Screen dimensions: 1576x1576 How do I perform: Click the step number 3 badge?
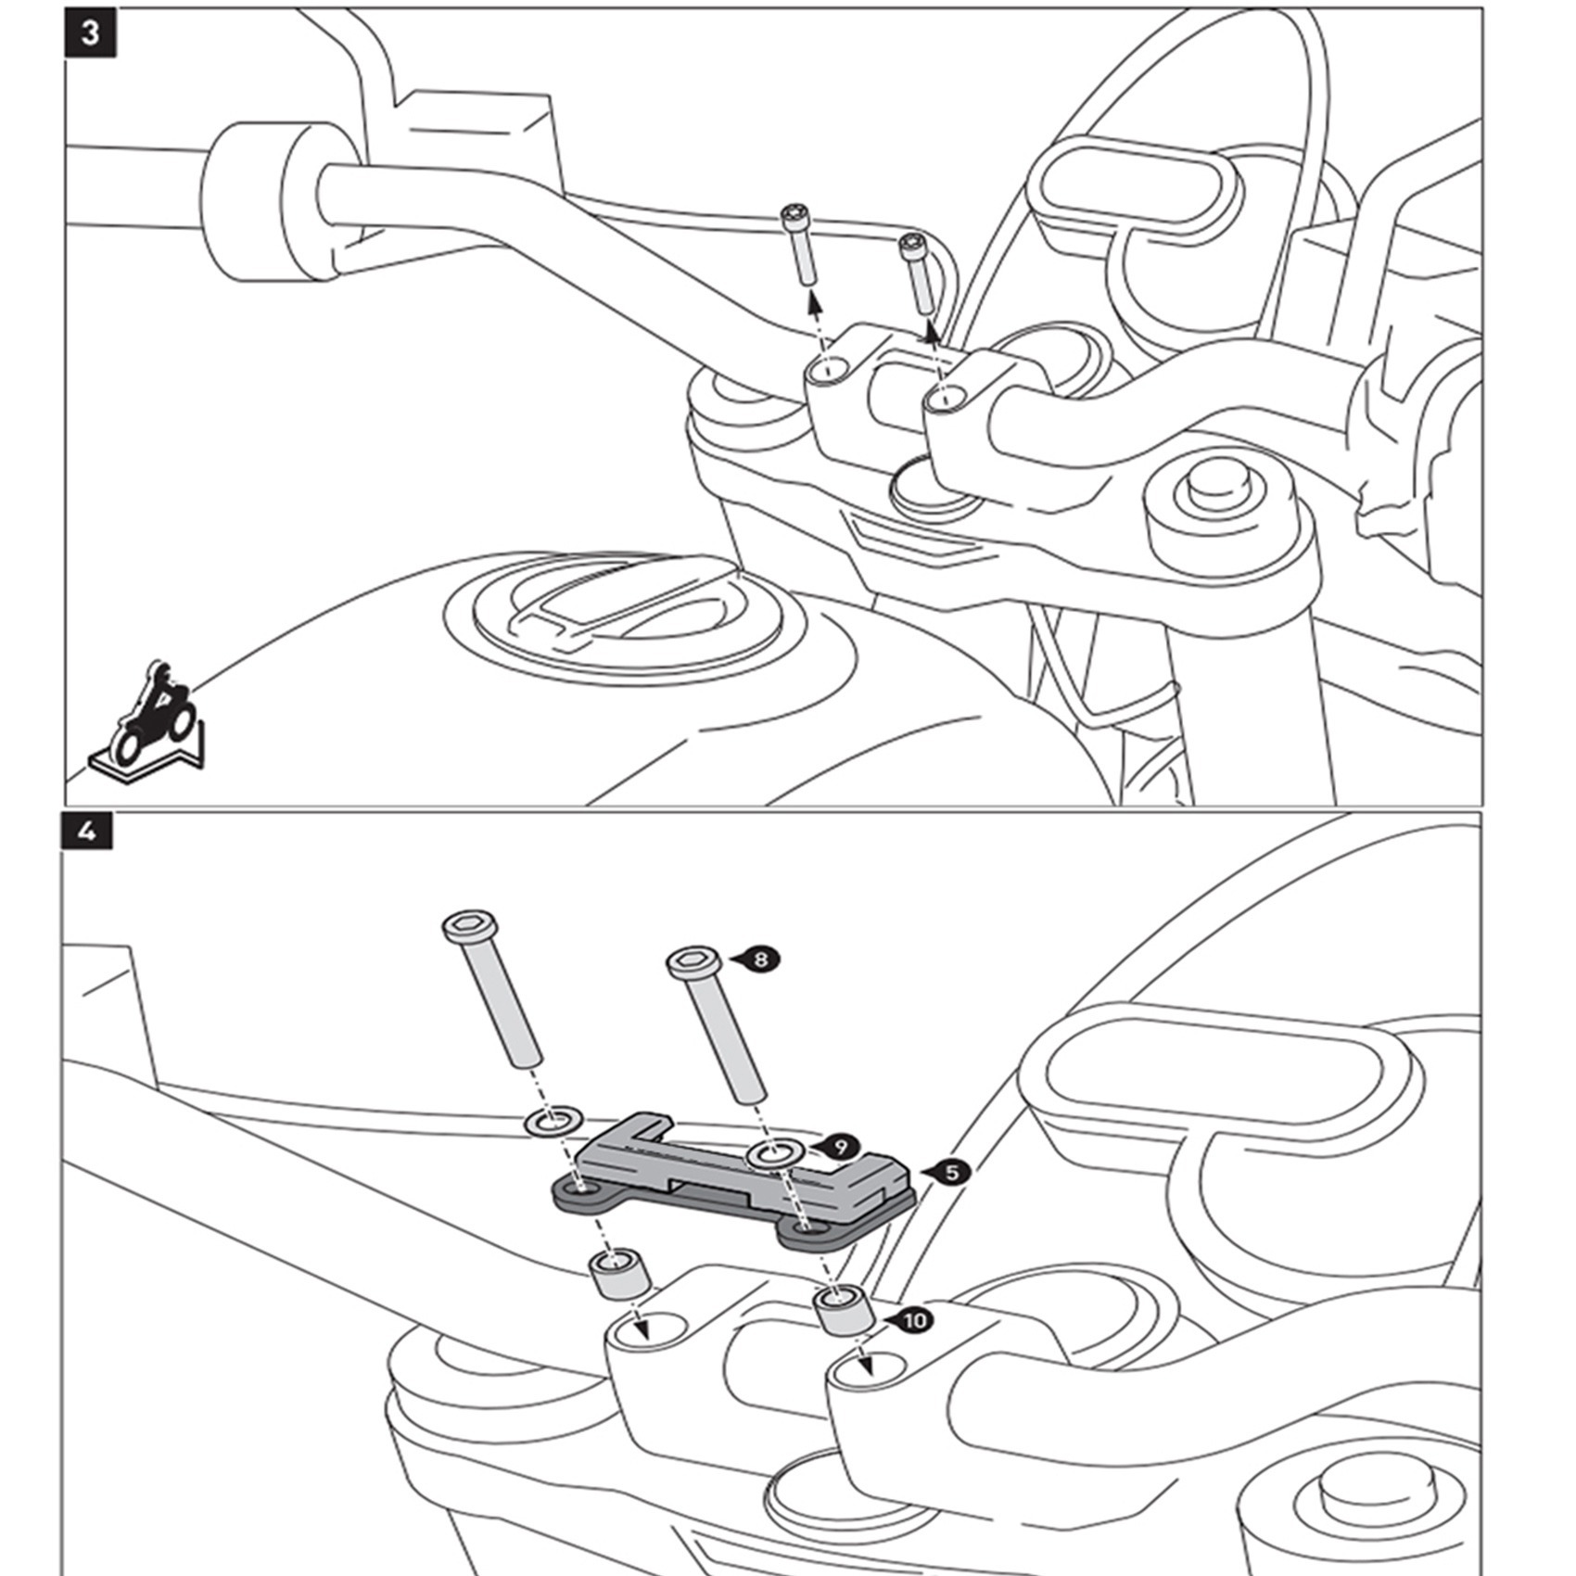(x=90, y=34)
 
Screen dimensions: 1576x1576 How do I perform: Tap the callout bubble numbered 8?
(x=760, y=959)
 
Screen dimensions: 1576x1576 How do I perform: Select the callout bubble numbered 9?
(x=840, y=1147)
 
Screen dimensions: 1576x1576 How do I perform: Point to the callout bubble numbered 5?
(x=951, y=1173)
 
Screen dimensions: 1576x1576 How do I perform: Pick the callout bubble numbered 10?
(x=913, y=1319)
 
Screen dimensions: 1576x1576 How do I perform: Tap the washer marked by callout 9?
(x=774, y=1154)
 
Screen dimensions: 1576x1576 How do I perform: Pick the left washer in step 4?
(x=551, y=1120)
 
